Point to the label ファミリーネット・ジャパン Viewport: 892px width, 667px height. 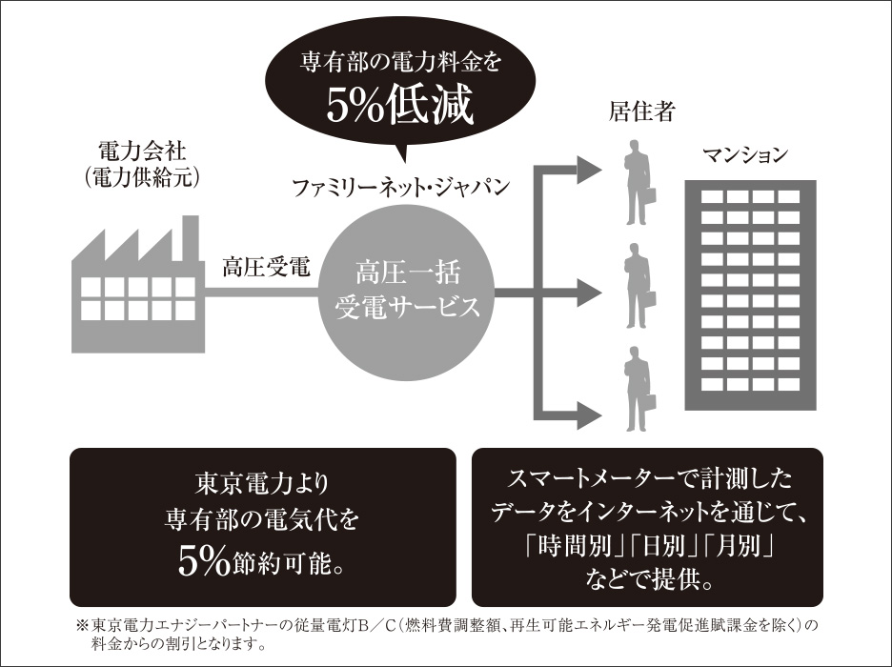[x=400, y=185]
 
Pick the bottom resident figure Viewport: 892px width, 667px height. [x=637, y=391]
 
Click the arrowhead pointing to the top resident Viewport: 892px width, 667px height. [x=590, y=168]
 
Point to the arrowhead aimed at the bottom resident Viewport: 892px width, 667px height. [x=590, y=412]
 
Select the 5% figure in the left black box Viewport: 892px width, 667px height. [x=205, y=562]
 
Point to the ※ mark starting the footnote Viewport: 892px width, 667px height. [x=81, y=626]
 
